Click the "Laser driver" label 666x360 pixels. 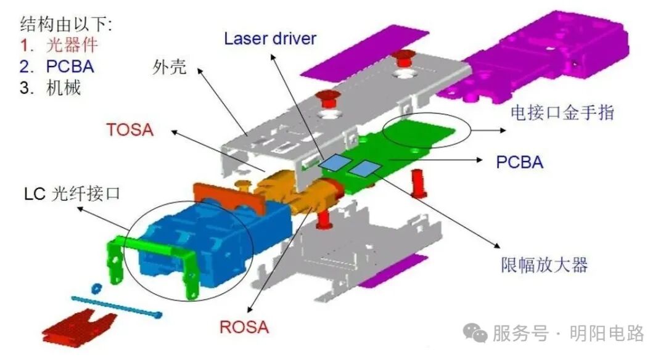270,39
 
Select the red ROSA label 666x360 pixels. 244,327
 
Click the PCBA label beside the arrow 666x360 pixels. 519,162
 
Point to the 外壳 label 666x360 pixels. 170,67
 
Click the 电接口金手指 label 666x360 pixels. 562,112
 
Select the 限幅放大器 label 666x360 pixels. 544,265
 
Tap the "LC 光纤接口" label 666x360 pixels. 72,194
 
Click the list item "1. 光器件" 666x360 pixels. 59,45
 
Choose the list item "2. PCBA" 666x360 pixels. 57,67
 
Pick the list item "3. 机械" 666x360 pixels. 50,88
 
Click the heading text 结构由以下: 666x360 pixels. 66,24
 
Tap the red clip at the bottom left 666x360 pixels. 80,327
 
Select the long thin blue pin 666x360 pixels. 116,306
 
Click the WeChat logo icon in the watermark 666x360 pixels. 475,332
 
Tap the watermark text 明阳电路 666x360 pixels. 607,333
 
